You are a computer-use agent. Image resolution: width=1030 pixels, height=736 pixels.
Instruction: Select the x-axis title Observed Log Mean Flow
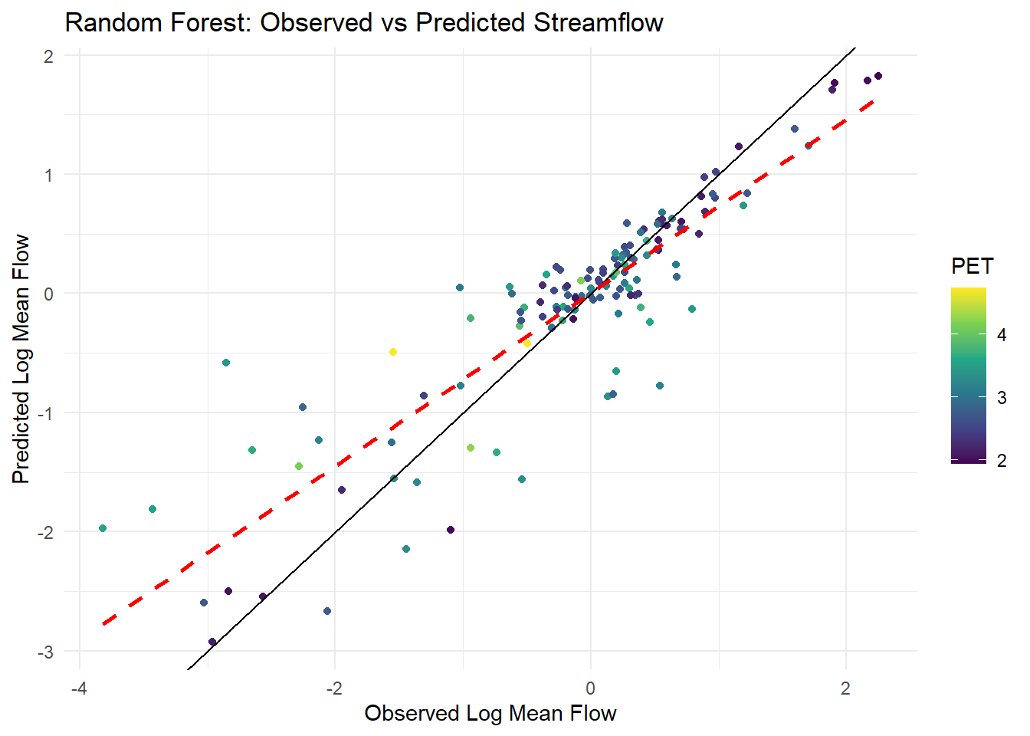pyautogui.click(x=490, y=713)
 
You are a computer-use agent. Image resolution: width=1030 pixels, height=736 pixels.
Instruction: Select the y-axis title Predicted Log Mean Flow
pyautogui.click(x=21, y=359)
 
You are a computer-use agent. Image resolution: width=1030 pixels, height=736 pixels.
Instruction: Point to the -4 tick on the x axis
pyautogui.click(x=78, y=688)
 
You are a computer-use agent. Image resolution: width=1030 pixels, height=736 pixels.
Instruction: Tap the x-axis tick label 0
pyautogui.click(x=590, y=688)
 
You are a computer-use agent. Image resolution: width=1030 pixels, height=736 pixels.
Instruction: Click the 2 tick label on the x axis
pyautogui.click(x=845, y=688)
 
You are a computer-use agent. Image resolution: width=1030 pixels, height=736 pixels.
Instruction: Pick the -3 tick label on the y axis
pyautogui.click(x=46, y=652)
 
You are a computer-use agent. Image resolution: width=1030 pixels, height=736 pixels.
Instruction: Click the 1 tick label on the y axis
pyautogui.click(x=49, y=175)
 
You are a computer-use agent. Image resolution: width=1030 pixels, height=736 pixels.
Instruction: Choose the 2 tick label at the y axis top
pyautogui.click(x=49, y=56)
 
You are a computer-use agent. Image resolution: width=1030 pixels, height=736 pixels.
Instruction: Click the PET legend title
pyautogui.click(x=972, y=267)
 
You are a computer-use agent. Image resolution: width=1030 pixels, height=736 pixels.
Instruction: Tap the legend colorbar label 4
pyautogui.click(x=1002, y=335)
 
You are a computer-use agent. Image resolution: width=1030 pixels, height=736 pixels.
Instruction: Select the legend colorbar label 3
pyautogui.click(x=1002, y=398)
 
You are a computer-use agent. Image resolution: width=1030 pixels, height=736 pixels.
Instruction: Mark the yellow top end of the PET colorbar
pyautogui.click(x=969, y=291)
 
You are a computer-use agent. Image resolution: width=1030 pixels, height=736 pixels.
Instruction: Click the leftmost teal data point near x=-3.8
pyautogui.click(x=103, y=528)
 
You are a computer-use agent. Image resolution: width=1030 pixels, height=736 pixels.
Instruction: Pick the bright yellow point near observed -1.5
pyautogui.click(x=393, y=352)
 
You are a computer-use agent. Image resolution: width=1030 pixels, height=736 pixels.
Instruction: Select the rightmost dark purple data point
pyautogui.click(x=878, y=76)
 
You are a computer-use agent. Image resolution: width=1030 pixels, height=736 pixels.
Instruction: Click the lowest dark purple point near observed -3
pyautogui.click(x=212, y=642)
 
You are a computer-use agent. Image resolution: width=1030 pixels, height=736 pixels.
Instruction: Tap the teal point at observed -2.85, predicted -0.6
pyautogui.click(x=226, y=363)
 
